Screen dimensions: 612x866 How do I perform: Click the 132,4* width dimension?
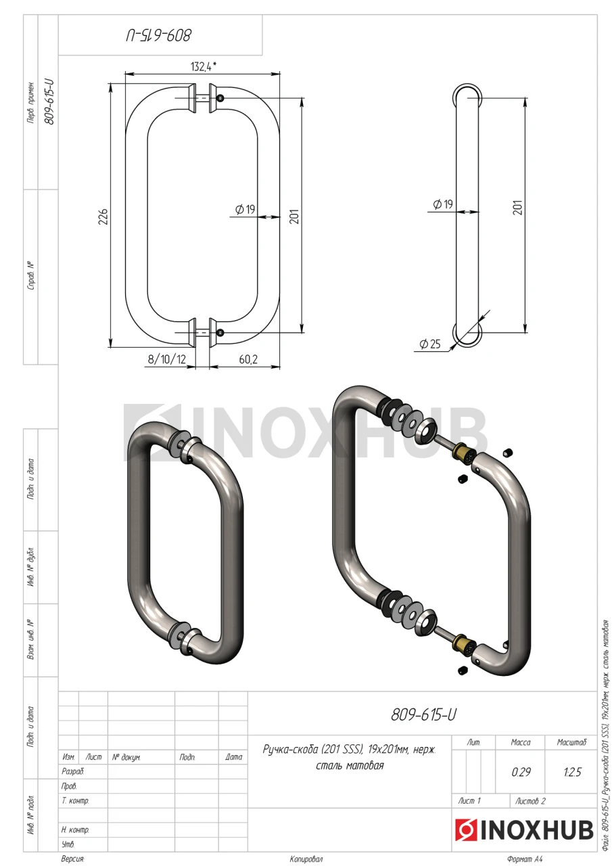click(204, 66)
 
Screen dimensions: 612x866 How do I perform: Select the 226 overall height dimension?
click(103, 216)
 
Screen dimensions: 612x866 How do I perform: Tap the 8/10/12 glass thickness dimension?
click(167, 359)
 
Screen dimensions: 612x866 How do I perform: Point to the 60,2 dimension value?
click(248, 359)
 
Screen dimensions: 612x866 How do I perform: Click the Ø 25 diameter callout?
click(429, 343)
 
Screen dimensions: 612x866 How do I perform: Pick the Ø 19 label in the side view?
click(443, 204)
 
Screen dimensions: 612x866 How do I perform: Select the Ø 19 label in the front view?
click(245, 209)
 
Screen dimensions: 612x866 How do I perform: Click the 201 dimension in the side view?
click(518, 208)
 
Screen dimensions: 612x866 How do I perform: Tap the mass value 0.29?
click(521, 772)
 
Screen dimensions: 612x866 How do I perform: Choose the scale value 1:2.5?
click(572, 772)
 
